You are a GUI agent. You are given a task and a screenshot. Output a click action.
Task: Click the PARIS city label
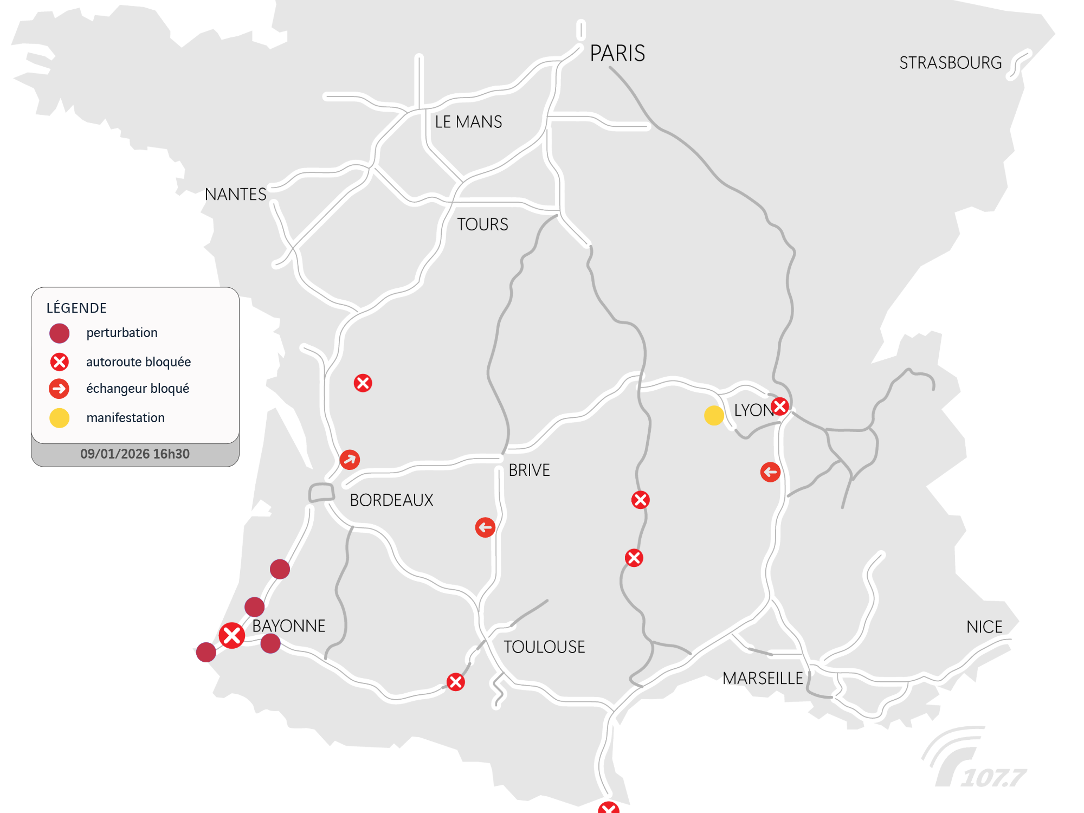[x=617, y=54]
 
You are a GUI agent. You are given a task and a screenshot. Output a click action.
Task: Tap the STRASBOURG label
[x=950, y=63]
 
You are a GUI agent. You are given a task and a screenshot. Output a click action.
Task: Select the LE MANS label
[x=468, y=122]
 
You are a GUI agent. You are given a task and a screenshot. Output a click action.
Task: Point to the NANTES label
[x=235, y=194]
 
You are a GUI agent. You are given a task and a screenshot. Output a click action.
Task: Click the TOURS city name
[x=482, y=224]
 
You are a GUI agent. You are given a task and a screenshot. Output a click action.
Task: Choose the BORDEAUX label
[x=391, y=500]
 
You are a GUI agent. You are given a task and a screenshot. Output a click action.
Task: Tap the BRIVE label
[x=529, y=470]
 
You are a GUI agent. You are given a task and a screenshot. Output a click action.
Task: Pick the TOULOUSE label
[x=544, y=647]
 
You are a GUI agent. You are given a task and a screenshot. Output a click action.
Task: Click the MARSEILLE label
[x=763, y=678]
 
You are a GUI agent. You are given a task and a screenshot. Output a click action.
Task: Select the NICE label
[x=984, y=627]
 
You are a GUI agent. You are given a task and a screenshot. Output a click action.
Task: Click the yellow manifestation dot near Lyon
[x=714, y=416]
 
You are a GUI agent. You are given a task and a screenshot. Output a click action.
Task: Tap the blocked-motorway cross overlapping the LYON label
[x=779, y=406]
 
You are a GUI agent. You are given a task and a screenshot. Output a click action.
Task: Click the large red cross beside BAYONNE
[x=232, y=635]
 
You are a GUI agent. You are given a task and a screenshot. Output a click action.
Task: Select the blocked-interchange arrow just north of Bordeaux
[x=350, y=460]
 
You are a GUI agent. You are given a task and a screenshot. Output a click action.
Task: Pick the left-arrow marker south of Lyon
[x=770, y=472]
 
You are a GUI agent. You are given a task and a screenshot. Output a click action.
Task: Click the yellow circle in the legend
[x=60, y=418]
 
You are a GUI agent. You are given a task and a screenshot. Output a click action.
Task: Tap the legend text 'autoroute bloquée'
[x=138, y=362]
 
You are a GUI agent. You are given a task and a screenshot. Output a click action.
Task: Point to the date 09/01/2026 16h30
[x=135, y=454]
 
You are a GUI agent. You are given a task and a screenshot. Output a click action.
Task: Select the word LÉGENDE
[x=76, y=308]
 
